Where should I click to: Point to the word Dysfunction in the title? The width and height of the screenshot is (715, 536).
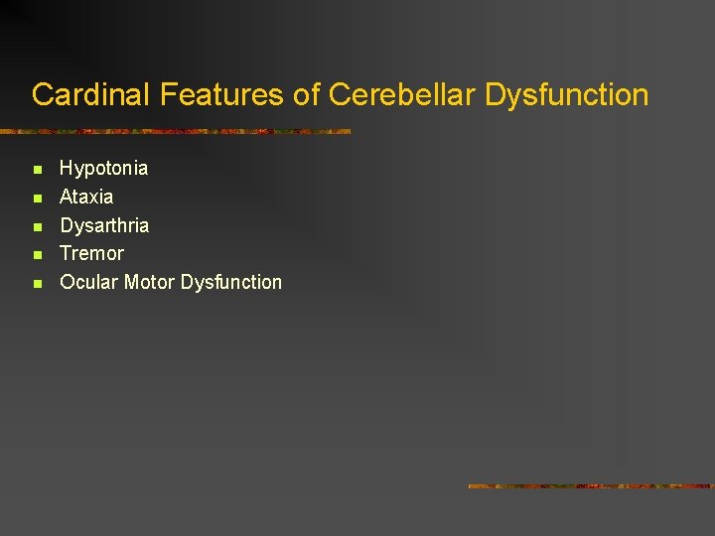567,95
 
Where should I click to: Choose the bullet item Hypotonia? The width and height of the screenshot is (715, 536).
104,168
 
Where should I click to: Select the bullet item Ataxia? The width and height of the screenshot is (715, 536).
86,197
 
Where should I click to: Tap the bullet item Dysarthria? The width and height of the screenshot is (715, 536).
104,225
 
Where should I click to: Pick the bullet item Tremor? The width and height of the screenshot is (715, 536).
91,253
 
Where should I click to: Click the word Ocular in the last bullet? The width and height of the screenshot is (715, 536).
89,282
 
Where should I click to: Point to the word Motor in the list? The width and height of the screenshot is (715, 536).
149,282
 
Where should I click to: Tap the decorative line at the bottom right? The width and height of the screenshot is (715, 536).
591,486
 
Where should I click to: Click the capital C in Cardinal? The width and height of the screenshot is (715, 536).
42,95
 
